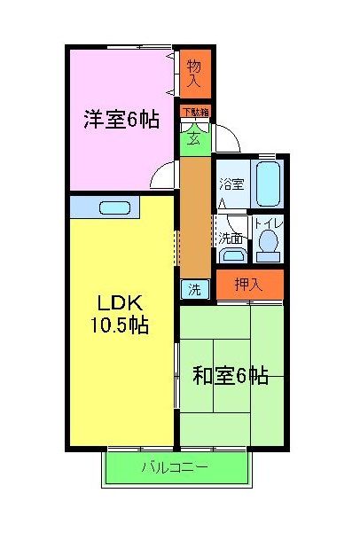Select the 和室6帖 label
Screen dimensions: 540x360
pos(231,376)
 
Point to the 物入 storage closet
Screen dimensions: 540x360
pos(194,72)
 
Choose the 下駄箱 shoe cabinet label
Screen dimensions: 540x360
pos(196,112)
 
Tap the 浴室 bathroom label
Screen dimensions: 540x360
pos(232,184)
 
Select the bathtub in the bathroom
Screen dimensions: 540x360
pos(268,184)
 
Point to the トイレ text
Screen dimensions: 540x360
pos(268,223)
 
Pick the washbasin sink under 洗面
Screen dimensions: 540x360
pos(232,255)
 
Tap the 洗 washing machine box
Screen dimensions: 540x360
pos(194,289)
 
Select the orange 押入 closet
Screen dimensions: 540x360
pos(248,285)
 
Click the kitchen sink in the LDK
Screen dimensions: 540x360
pos(114,207)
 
